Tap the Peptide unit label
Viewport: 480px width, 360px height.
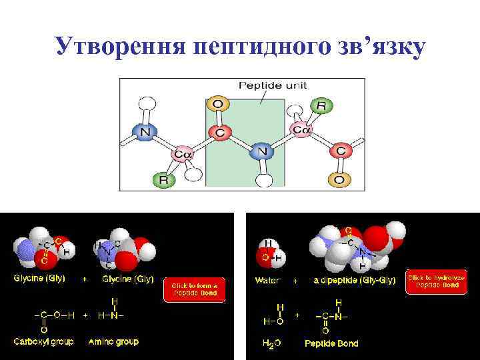click(x=268, y=86)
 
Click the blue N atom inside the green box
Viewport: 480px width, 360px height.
click(x=261, y=151)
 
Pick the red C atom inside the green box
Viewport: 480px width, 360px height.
click(x=219, y=132)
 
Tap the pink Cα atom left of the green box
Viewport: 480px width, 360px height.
click(x=182, y=155)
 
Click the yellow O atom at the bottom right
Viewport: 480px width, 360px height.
click(x=339, y=179)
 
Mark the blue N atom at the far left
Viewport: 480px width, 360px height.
click(x=145, y=132)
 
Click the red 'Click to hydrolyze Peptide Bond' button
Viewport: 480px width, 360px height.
click(x=433, y=281)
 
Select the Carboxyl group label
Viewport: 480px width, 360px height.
click(x=44, y=341)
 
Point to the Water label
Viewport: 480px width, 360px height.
click(x=267, y=281)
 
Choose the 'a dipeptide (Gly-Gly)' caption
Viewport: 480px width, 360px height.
click(x=355, y=281)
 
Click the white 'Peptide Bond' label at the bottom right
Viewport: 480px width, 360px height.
click(x=331, y=343)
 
